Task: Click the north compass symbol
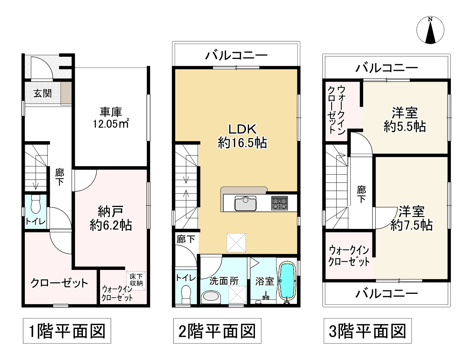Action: [430, 30]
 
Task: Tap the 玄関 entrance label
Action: [42, 93]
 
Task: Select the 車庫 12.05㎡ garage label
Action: [111, 118]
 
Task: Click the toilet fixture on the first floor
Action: [35, 204]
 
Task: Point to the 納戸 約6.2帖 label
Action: [111, 218]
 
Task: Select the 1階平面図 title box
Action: [67, 331]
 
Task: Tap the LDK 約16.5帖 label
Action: [242, 136]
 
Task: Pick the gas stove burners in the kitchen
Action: [279, 203]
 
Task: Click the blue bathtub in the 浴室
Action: [287, 281]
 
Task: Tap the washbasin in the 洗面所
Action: [211, 297]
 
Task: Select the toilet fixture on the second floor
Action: [185, 293]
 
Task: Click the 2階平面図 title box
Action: [217, 331]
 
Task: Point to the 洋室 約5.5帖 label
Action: [404, 119]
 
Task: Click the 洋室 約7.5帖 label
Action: [411, 218]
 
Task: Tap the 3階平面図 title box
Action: [368, 331]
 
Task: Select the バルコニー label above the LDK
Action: [236, 55]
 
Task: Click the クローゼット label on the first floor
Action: [59, 283]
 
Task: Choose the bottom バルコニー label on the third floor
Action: [387, 293]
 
